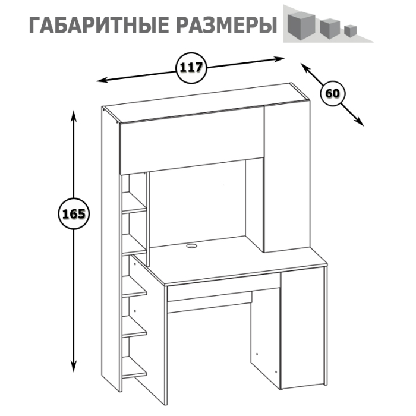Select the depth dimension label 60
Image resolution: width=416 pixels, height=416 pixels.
click(332, 93)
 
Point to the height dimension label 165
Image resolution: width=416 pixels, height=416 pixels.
click(74, 214)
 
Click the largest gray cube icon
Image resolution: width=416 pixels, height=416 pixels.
click(300, 24)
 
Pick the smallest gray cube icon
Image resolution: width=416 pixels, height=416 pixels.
click(351, 29)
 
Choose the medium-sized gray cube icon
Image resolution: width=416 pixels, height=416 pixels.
click(328, 27)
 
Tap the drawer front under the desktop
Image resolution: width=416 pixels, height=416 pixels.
click(223, 291)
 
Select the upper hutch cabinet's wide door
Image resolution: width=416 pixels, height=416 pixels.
click(190, 140)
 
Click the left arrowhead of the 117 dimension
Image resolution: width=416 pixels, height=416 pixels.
click(102, 80)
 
